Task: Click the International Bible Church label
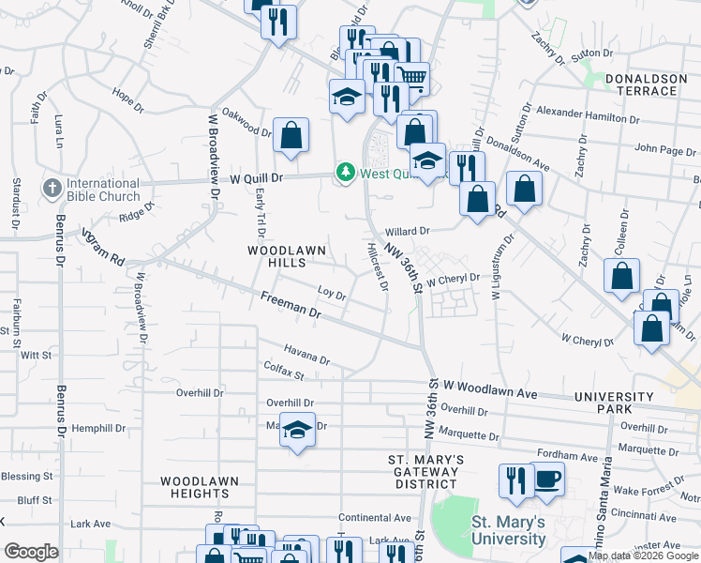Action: click(103, 190)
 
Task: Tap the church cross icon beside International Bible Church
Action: click(52, 189)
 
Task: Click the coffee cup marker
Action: click(547, 479)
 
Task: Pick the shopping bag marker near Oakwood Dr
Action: click(291, 135)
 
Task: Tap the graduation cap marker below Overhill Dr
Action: click(297, 430)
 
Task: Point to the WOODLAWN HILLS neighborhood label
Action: click(277, 258)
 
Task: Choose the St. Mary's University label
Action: click(507, 530)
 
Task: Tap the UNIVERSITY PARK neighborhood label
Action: click(613, 403)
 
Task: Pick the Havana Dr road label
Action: click(307, 356)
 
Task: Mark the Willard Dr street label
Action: click(406, 230)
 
